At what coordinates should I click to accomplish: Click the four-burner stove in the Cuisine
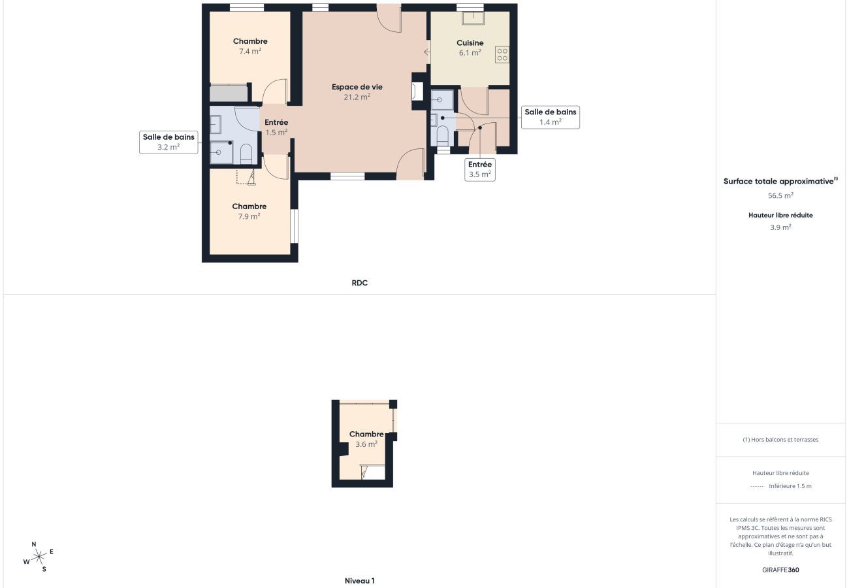click(x=502, y=54)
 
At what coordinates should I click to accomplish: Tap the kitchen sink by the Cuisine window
click(x=472, y=18)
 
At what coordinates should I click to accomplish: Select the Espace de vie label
click(x=357, y=87)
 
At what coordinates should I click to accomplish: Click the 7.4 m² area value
click(x=250, y=51)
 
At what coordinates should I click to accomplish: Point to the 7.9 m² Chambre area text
click(x=249, y=216)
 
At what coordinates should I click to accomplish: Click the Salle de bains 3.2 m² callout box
click(x=168, y=142)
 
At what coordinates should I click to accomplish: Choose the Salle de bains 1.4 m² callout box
click(x=550, y=117)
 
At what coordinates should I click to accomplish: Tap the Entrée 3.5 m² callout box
click(x=479, y=169)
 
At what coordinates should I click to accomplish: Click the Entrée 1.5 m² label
click(x=276, y=127)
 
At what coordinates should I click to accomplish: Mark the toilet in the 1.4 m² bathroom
click(x=442, y=135)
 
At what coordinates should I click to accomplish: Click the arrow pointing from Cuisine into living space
click(x=426, y=52)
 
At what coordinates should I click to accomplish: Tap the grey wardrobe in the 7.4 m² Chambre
click(x=229, y=93)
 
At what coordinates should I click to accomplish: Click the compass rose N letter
click(x=34, y=544)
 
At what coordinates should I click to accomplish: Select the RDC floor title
click(x=359, y=283)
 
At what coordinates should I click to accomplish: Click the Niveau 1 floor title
click(x=359, y=580)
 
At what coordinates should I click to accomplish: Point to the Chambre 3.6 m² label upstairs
click(x=366, y=438)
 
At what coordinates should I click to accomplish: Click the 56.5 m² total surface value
click(x=780, y=195)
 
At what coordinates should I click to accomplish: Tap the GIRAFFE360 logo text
click(x=780, y=570)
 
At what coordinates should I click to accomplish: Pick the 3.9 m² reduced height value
click(x=780, y=227)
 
